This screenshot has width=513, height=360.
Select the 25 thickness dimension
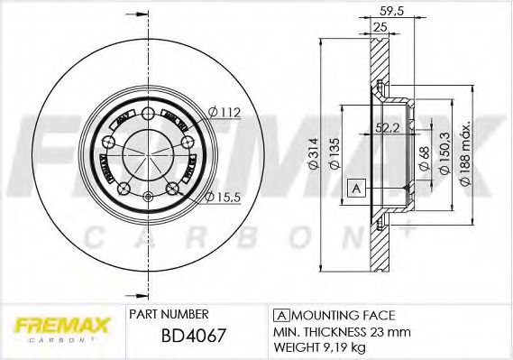[379, 28]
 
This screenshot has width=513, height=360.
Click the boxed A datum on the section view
[356, 188]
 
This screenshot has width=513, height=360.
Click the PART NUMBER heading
[169, 314]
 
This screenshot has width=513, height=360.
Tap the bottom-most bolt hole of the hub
[124, 190]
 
